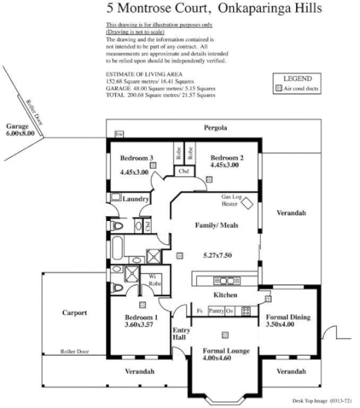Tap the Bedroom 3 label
pyautogui.click(x=136, y=158)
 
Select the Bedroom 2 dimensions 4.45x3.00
pyautogui.click(x=227, y=172)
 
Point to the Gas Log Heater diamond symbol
pyautogui.click(x=248, y=202)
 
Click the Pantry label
pyautogui.click(x=216, y=311)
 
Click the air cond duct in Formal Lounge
pyautogui.click(x=225, y=334)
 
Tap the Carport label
pyautogui.click(x=75, y=313)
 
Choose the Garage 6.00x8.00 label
pyautogui.click(x=20, y=129)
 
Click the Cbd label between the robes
pyautogui.click(x=183, y=171)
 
